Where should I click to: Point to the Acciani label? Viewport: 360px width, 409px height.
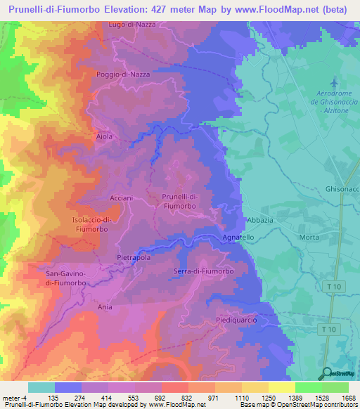pyautogui.click(x=121, y=198)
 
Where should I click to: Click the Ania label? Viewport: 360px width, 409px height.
pyautogui.click(x=105, y=307)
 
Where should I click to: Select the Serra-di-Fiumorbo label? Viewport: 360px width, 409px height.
pyautogui.click(x=203, y=271)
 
